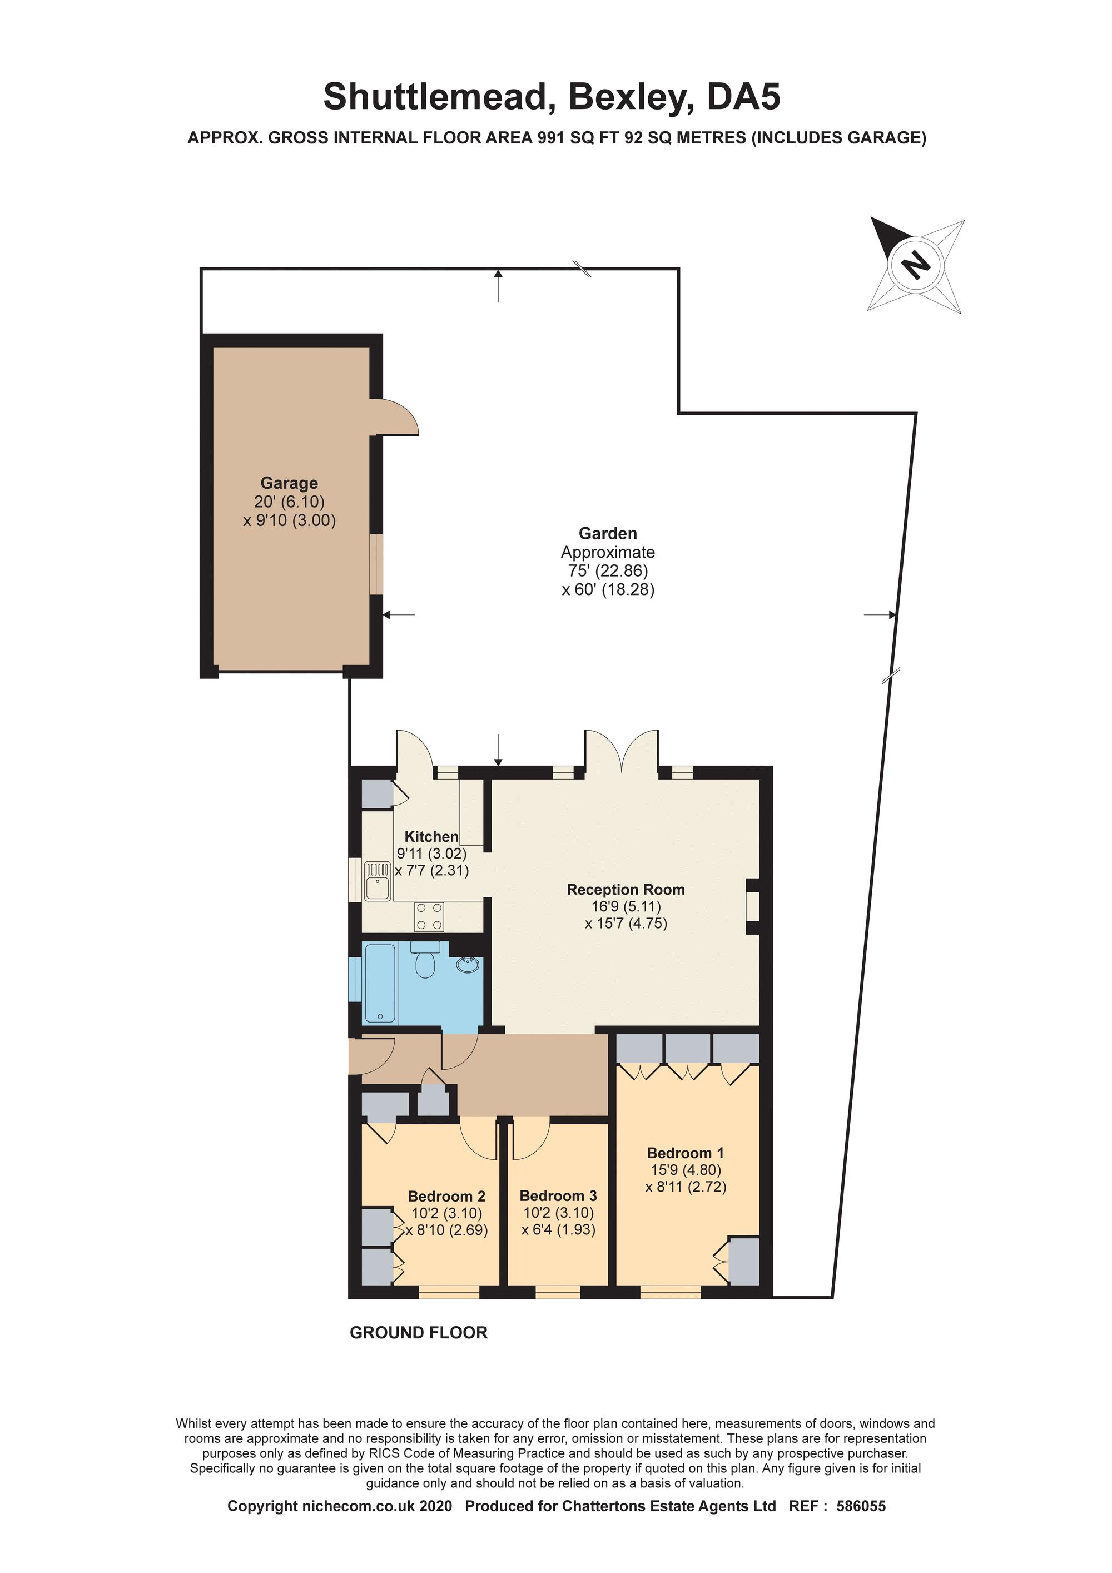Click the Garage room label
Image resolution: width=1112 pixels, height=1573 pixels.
point(289,483)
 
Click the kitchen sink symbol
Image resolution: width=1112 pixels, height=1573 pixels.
point(377,881)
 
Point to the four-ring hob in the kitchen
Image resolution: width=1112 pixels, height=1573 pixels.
point(429,917)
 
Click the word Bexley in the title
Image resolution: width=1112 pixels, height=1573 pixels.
point(625,97)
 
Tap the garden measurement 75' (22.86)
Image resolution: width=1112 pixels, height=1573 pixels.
point(607,570)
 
